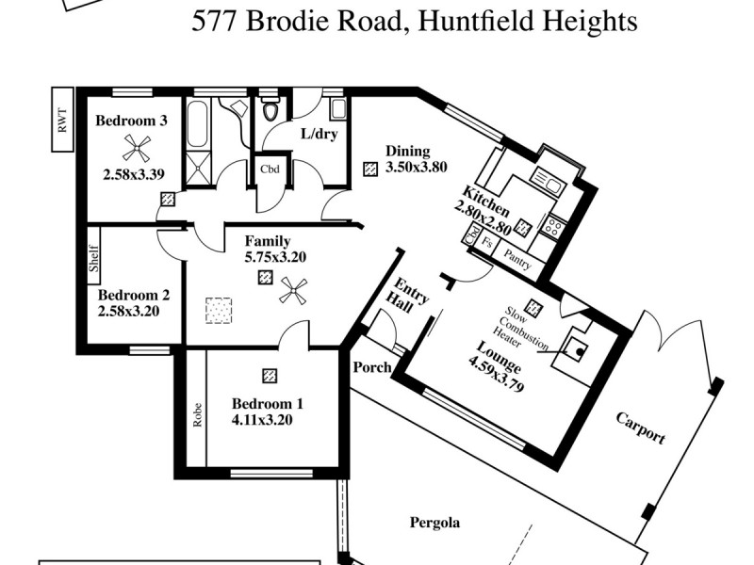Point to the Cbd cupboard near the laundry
click(x=269, y=170)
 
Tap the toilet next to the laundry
click(x=270, y=110)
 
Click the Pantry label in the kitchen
click(x=518, y=259)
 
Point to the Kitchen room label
click(x=486, y=200)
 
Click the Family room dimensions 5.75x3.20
click(x=275, y=256)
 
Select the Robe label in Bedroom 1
click(x=198, y=415)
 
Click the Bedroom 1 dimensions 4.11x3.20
click(x=268, y=420)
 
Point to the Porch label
click(x=372, y=366)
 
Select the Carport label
click(x=641, y=427)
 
